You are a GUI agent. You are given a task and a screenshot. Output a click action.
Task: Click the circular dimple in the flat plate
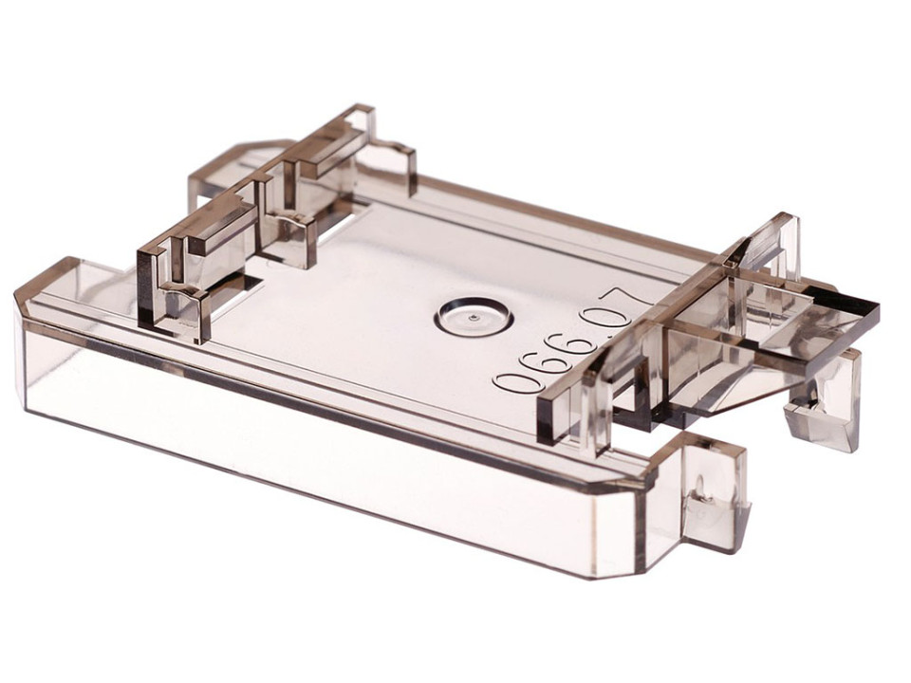tap(474, 317)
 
